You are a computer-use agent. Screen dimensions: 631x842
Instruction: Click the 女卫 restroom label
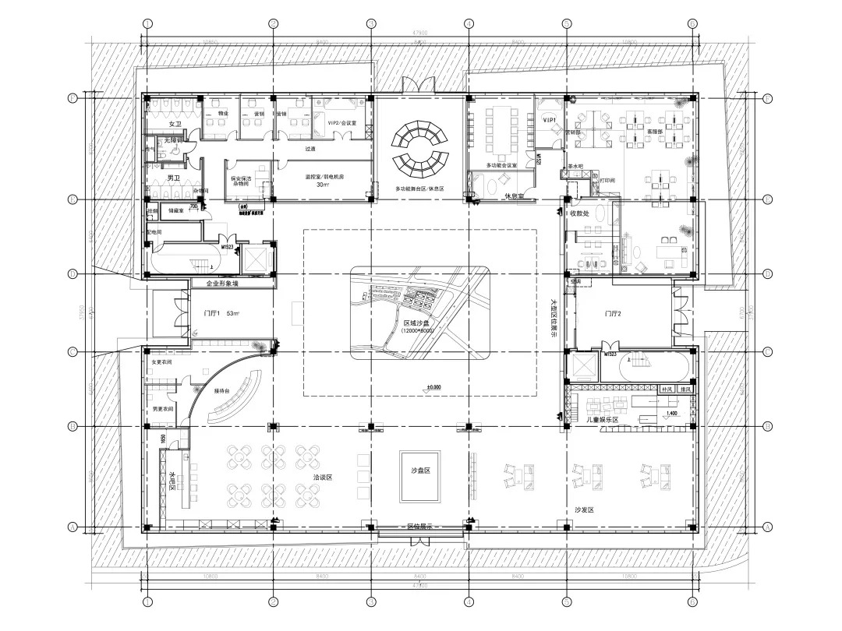pos(175,125)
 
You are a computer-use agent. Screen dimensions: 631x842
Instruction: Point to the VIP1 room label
pos(550,121)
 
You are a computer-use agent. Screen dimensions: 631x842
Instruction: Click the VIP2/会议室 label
pos(341,123)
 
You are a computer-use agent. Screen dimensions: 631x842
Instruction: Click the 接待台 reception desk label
pos(222,391)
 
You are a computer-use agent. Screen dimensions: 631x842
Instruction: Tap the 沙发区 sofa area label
pos(585,509)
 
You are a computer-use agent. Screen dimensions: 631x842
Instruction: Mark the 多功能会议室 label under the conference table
pos(503,165)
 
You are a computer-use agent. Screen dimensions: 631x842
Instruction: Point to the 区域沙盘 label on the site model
pos(420,323)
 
